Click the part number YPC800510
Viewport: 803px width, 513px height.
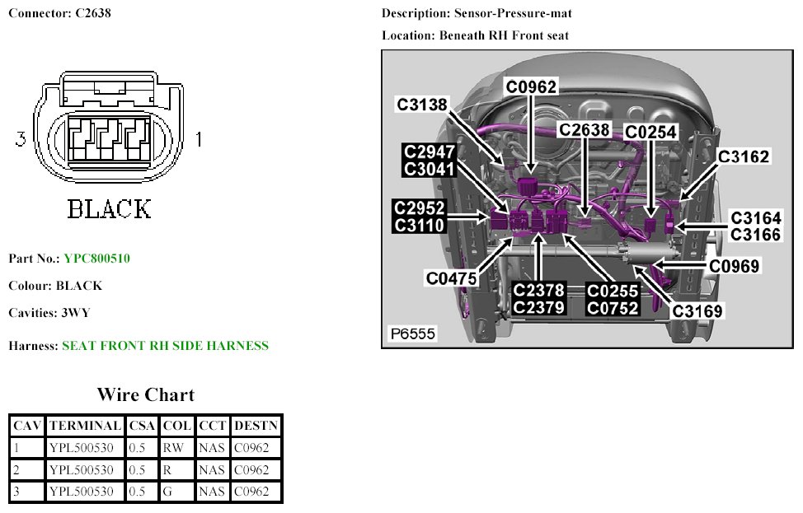(96, 259)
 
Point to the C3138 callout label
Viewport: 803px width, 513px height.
(421, 105)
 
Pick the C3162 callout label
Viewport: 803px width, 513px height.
(743, 156)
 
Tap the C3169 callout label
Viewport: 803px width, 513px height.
(697, 311)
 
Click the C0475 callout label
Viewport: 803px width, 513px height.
(452, 278)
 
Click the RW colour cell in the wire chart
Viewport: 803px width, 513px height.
(172, 448)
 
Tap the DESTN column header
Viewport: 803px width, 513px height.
(256, 426)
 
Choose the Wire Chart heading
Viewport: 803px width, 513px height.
(145, 394)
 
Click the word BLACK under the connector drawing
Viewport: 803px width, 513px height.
(109, 209)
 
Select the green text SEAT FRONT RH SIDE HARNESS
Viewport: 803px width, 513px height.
(165, 346)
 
